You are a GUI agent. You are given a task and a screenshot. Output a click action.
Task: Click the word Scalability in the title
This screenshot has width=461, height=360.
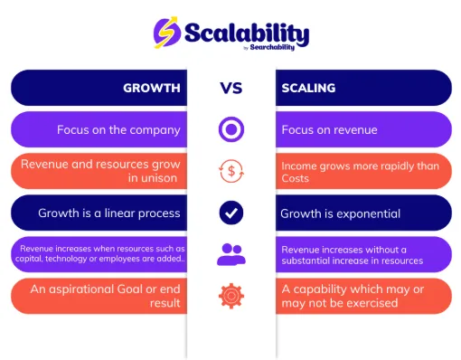coord(246,33)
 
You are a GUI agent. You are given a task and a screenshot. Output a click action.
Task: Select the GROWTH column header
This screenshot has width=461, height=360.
coord(152,89)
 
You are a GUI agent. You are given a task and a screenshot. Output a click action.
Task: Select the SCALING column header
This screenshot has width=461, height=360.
coord(309,89)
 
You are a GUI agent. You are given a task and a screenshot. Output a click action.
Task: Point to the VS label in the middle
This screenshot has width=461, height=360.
coord(231,89)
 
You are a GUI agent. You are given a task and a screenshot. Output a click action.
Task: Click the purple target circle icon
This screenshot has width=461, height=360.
coord(231,129)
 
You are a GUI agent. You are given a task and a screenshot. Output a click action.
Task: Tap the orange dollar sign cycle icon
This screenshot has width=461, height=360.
coord(231,172)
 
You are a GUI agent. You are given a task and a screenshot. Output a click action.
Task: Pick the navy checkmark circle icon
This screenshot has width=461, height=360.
coord(231,213)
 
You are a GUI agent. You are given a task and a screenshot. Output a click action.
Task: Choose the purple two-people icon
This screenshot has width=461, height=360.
coord(231,255)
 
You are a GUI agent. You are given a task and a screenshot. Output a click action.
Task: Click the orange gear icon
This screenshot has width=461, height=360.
coord(231,296)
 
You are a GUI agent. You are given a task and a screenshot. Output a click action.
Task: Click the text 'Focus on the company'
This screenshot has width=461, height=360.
coord(118,129)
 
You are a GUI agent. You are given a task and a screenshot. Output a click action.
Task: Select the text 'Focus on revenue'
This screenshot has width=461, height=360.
coord(330,129)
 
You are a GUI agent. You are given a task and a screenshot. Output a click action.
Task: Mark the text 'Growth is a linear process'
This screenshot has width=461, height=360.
coord(109,213)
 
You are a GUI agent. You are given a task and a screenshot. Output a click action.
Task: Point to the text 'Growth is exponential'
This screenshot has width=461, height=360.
coord(341,213)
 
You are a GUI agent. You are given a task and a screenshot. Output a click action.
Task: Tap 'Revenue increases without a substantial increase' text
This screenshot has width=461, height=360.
coord(352,255)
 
